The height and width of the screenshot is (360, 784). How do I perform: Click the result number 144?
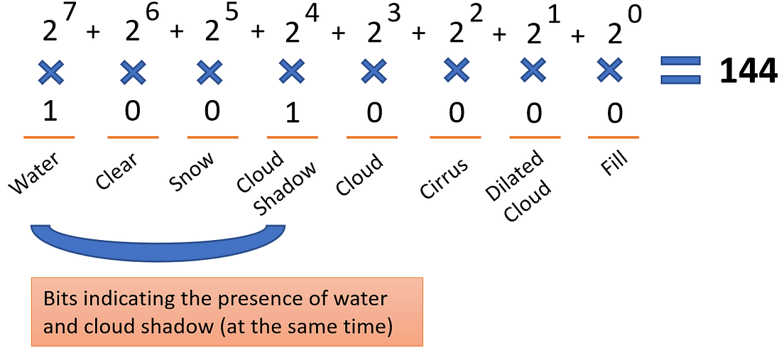[x=748, y=72]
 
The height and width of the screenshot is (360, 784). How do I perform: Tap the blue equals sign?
[x=680, y=71]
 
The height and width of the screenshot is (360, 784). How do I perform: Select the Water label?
[x=34, y=173]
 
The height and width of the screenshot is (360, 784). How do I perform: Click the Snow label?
[x=192, y=173]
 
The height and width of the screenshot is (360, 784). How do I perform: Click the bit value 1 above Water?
[x=49, y=112]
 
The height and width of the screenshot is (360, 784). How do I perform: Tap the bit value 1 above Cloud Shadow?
[x=291, y=112]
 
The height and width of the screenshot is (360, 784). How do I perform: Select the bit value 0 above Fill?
[x=615, y=112]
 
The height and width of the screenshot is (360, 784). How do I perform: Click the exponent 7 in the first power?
[x=71, y=15]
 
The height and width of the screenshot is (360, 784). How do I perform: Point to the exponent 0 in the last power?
[x=635, y=15]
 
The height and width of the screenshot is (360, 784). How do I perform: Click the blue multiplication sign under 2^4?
[x=290, y=71]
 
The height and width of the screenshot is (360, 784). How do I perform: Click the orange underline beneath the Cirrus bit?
[x=455, y=137]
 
